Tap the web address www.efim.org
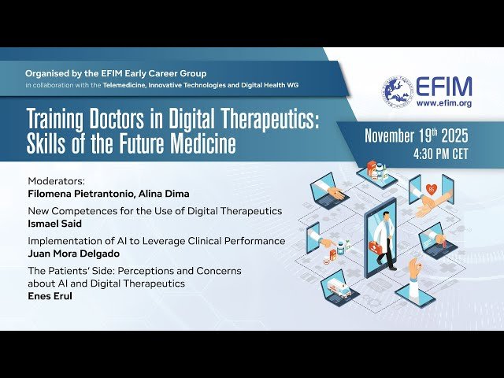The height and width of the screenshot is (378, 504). point(443,103)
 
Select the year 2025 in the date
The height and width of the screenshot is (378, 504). point(451,135)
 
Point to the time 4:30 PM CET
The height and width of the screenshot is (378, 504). point(440,154)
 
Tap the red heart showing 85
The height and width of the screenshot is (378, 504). point(432,189)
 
